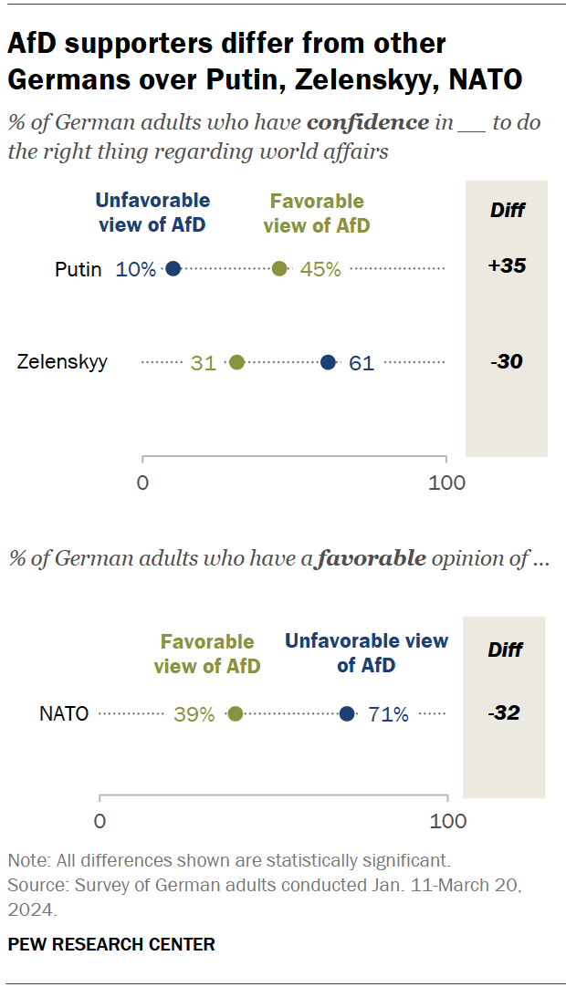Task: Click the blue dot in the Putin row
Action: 173,268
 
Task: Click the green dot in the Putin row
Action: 279,268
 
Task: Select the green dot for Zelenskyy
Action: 236,362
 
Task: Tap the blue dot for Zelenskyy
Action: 328,362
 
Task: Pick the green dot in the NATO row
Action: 235,714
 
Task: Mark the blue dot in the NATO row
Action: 347,714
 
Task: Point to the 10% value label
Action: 136,269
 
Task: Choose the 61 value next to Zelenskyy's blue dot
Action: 362,363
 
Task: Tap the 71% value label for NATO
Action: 388,714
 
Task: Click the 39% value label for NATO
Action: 194,714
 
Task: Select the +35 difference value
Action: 507,266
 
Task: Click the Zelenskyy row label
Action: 62,362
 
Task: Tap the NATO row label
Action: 64,714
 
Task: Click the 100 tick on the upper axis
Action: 446,483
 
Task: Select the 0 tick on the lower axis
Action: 100,821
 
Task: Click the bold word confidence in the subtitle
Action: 368,122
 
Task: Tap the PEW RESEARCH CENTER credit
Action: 111,944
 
